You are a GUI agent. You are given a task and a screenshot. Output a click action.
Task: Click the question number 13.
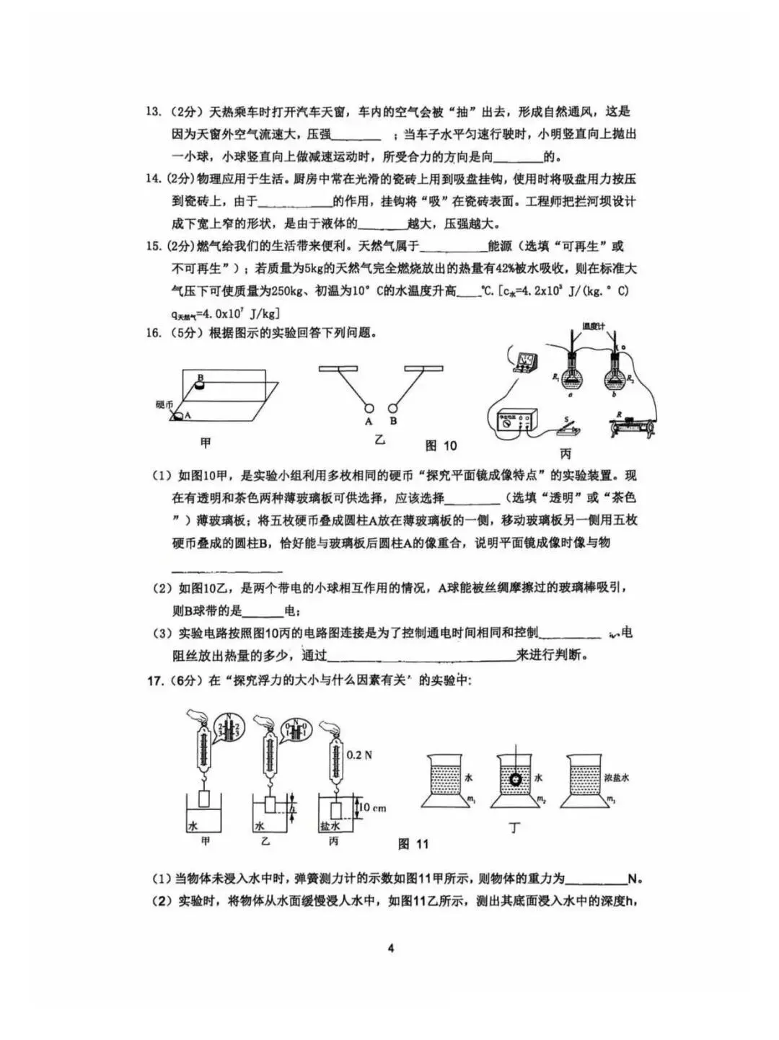tap(153, 112)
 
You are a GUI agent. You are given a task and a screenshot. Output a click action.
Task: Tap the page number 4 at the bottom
tap(390, 948)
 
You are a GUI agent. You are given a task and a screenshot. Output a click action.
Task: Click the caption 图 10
tap(441, 445)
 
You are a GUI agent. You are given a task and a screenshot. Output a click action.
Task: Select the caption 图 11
tap(413, 844)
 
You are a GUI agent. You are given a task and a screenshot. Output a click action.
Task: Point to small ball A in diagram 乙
tap(369, 406)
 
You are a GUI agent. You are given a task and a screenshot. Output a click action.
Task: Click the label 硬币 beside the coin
tap(164, 404)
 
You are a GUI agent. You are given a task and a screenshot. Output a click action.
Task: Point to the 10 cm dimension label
tap(372, 807)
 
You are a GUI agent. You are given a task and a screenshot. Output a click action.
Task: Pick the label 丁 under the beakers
tap(514, 828)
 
